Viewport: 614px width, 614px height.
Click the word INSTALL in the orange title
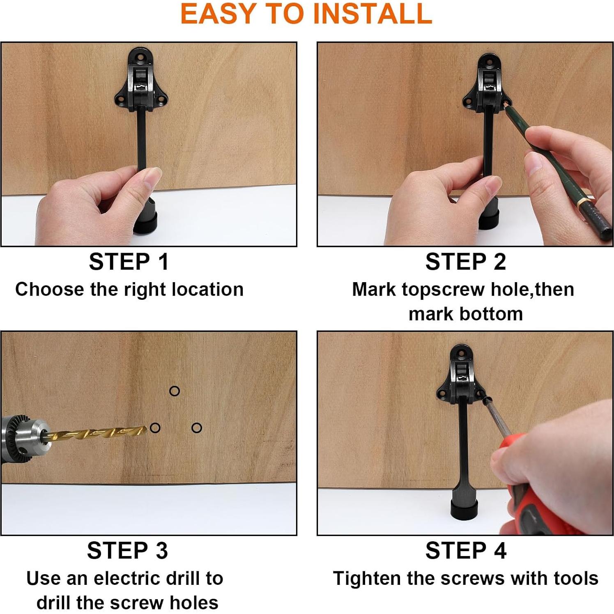372,14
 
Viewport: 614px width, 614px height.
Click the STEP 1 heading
129,262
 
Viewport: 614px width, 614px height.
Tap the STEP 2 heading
466,262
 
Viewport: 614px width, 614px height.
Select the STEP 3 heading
127,551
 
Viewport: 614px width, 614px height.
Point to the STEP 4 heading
466,551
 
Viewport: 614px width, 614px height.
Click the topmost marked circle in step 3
175,391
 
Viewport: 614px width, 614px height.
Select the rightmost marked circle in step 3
197,428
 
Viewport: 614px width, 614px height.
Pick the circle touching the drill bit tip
155,428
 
